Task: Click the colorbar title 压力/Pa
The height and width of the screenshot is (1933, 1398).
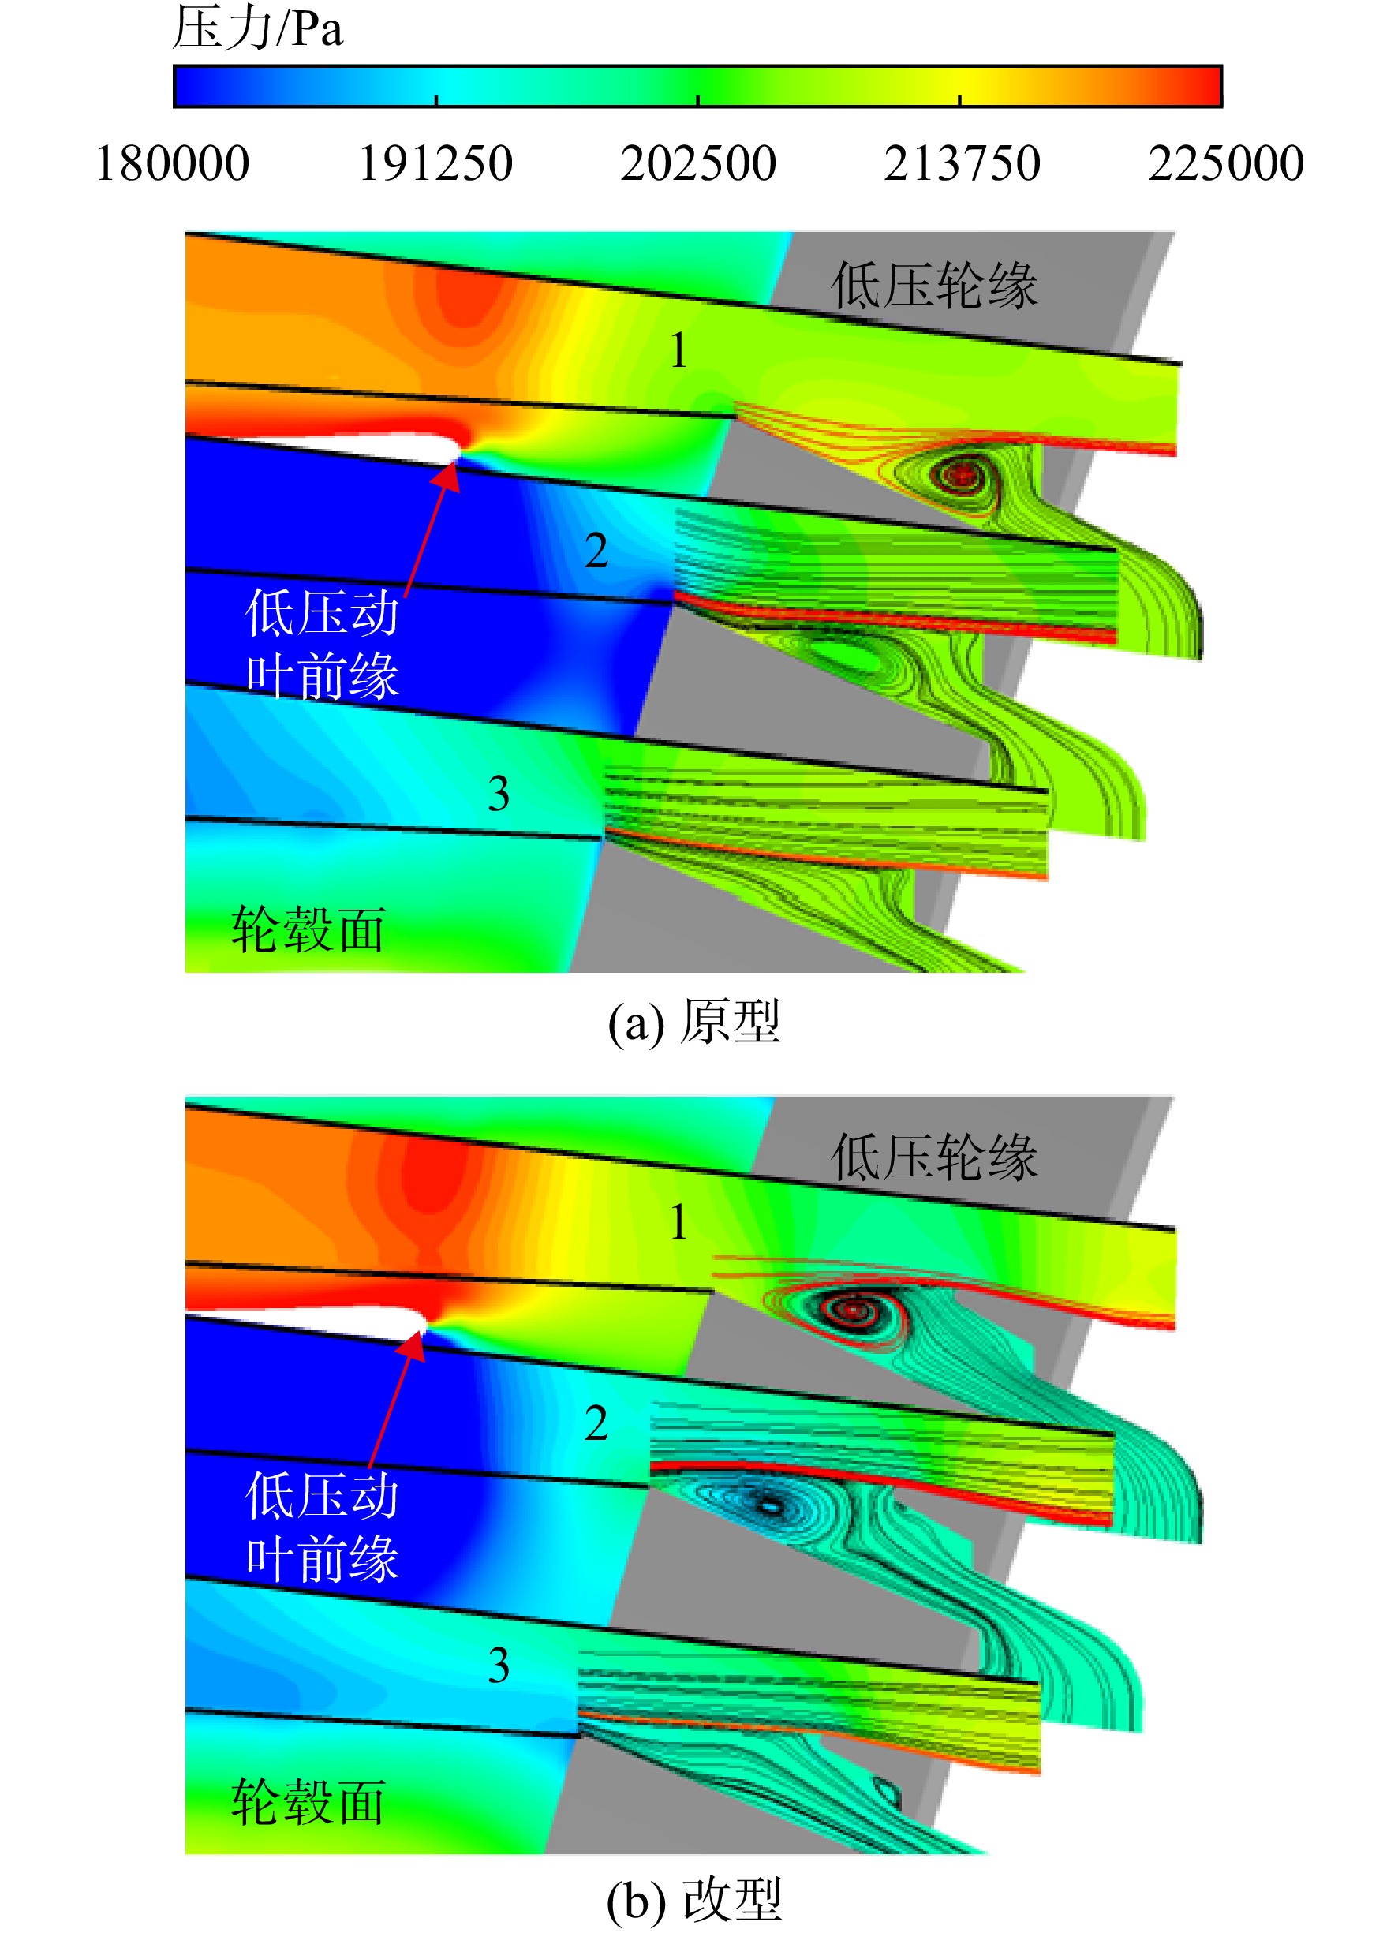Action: coord(257,28)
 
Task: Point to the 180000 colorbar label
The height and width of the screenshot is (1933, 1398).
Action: coord(172,163)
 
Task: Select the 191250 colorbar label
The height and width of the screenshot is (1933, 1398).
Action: coord(435,163)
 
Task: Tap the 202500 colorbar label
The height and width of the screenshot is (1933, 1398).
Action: coord(698,163)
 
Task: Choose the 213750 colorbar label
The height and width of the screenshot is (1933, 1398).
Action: coord(962,163)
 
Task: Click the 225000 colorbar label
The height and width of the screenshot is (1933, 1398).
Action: coord(1226,163)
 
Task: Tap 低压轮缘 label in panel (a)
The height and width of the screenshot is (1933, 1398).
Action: coord(934,285)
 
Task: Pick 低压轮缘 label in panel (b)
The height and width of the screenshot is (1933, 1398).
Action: coord(934,1157)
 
